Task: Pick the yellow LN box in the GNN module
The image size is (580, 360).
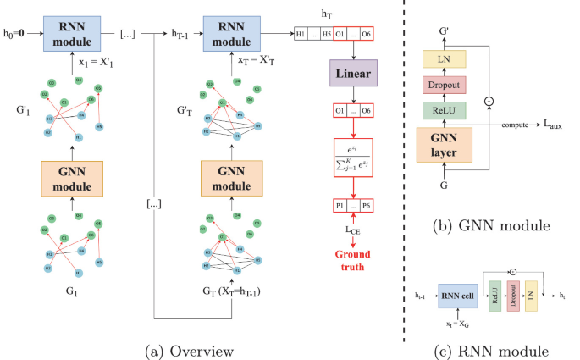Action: coord(445,58)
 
